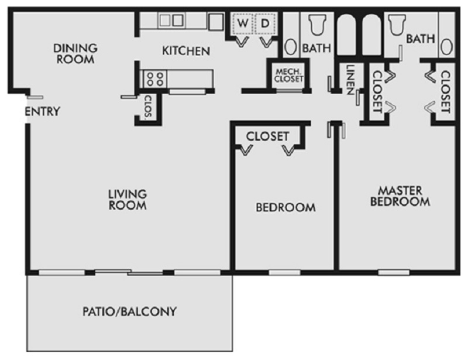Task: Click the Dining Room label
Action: click(x=75, y=54)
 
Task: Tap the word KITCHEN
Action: click(x=186, y=51)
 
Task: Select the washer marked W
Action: click(x=243, y=23)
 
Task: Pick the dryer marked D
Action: click(x=266, y=23)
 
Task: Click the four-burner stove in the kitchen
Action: click(x=155, y=79)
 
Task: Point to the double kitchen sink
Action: click(x=171, y=20)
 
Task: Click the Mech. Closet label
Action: click(x=288, y=76)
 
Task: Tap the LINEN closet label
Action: click(x=349, y=80)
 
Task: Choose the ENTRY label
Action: click(x=42, y=111)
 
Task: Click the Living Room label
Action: click(x=128, y=200)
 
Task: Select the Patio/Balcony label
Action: click(x=129, y=311)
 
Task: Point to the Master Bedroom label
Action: click(x=400, y=196)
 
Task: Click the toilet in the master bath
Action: click(x=397, y=25)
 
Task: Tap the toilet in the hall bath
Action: click(x=317, y=25)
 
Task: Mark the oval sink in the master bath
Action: click(x=446, y=47)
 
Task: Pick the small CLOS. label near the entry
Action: click(x=148, y=106)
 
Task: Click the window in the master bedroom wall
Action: click(x=394, y=272)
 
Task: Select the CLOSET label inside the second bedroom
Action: click(x=267, y=136)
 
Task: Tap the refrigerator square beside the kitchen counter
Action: click(x=216, y=22)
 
